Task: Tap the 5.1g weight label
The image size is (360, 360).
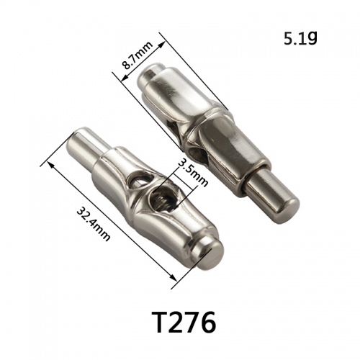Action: click(300, 39)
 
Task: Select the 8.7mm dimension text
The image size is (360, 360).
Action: click(138, 55)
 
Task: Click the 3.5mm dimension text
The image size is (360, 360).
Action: click(193, 172)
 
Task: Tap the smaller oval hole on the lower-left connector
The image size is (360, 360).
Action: click(138, 180)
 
